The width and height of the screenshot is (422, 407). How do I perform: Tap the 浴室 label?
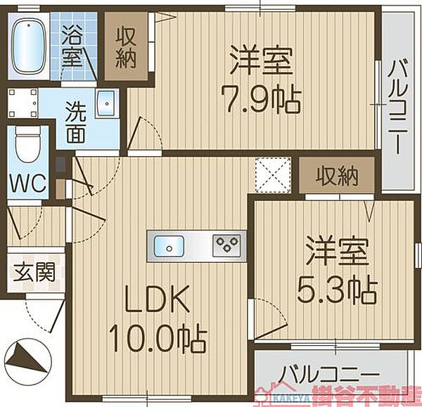point(72,44)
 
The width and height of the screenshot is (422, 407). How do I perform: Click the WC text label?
point(27,184)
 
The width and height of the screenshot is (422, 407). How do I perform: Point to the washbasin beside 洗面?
point(106,103)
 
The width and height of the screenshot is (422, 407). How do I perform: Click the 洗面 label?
point(77,123)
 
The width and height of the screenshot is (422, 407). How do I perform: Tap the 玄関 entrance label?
point(32,273)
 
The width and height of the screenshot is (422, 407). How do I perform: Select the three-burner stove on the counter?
point(227,245)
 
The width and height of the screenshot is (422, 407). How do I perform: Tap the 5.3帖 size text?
point(336,287)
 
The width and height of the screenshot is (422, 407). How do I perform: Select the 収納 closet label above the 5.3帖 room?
point(337,175)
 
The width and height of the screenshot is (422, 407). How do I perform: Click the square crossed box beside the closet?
point(273,174)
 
